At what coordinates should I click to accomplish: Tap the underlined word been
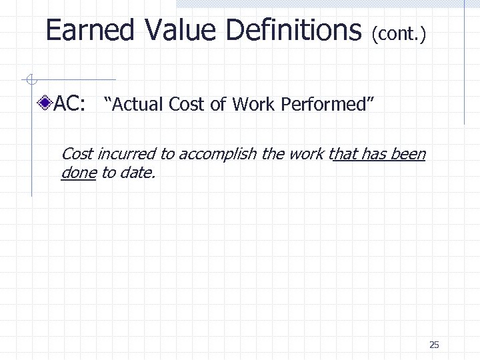tap(408, 154)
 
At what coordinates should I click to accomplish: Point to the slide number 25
tap(434, 345)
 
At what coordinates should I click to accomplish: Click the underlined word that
tap(343, 154)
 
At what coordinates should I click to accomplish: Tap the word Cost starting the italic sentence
tap(77, 154)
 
